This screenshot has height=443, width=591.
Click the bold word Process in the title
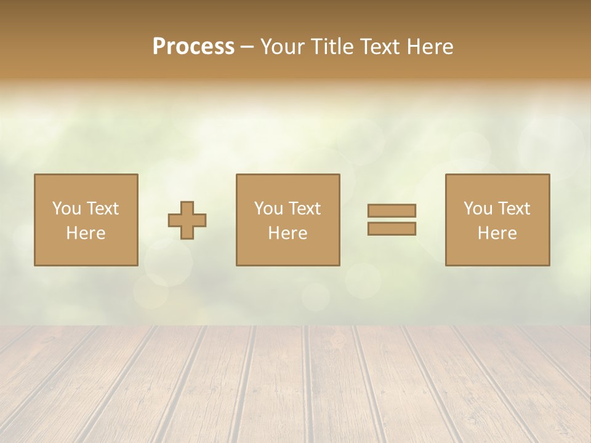click(x=193, y=47)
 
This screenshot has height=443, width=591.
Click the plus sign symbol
click(x=187, y=220)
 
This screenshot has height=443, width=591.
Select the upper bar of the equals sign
click(x=392, y=210)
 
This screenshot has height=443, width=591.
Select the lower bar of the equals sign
click(x=392, y=229)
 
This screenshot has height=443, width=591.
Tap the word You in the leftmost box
click(x=66, y=209)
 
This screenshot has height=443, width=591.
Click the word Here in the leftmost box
click(x=86, y=233)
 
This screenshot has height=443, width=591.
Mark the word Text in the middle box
click(x=305, y=209)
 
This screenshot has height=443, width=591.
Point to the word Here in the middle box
click(x=288, y=233)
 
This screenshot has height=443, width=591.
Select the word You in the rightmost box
click(x=478, y=209)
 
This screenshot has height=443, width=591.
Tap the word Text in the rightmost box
click(x=514, y=209)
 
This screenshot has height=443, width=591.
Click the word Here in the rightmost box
click(x=497, y=233)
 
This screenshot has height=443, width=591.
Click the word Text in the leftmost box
click(x=103, y=209)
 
